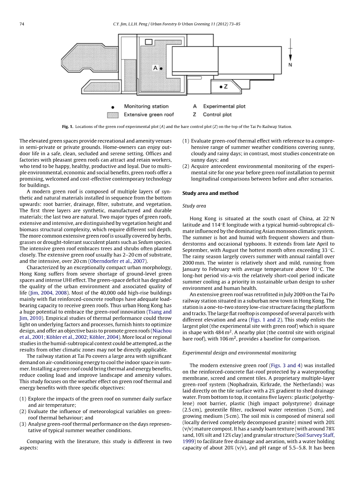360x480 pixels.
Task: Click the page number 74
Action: (x=22, y=24)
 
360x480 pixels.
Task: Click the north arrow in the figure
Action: (x=290, y=49)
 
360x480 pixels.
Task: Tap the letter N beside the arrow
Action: (x=290, y=65)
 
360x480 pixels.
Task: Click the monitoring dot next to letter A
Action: (x=161, y=68)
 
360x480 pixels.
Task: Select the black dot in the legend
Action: (x=113, y=107)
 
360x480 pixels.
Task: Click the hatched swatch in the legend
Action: (x=113, y=115)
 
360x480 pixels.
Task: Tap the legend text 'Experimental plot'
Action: (x=224, y=106)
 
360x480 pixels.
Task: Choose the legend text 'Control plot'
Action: (x=217, y=115)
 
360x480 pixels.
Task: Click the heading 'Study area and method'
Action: (x=210, y=193)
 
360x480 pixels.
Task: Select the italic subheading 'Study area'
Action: (x=194, y=206)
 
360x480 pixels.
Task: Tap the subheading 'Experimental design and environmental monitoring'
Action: (x=239, y=352)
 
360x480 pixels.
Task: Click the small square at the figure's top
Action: (x=149, y=42)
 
